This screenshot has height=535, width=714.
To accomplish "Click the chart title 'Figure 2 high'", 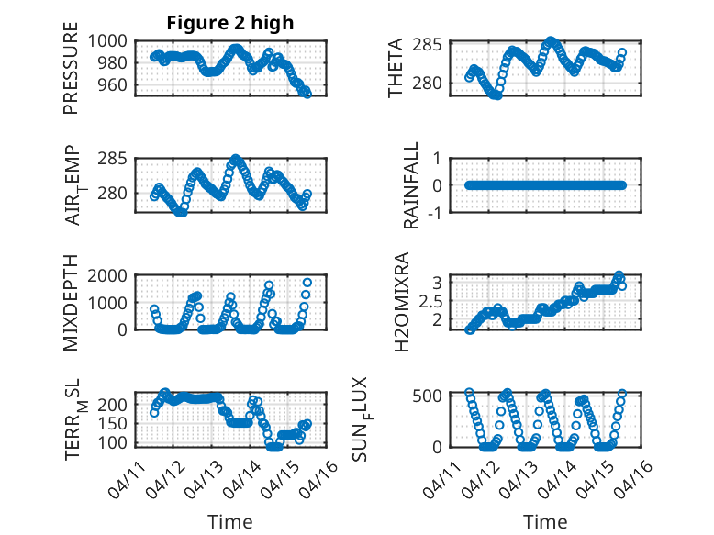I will point(230,23).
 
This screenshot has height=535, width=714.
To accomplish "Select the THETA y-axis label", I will point(396,68).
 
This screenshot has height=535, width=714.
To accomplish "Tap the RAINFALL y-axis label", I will point(411,185).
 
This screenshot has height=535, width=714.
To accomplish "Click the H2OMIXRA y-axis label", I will point(401,302).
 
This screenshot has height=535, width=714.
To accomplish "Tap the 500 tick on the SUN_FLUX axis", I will point(434,396).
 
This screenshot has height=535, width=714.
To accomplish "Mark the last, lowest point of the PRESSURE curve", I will point(307,93).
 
